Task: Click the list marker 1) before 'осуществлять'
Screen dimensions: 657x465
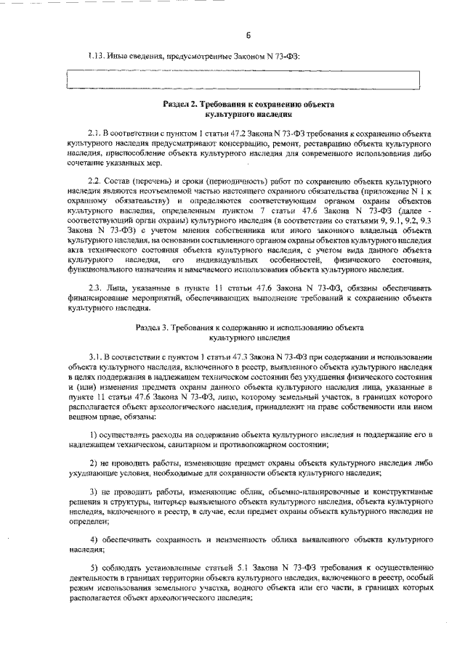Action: [x=94, y=434]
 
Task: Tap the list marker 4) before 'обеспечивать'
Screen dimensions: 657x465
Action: [x=94, y=541]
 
